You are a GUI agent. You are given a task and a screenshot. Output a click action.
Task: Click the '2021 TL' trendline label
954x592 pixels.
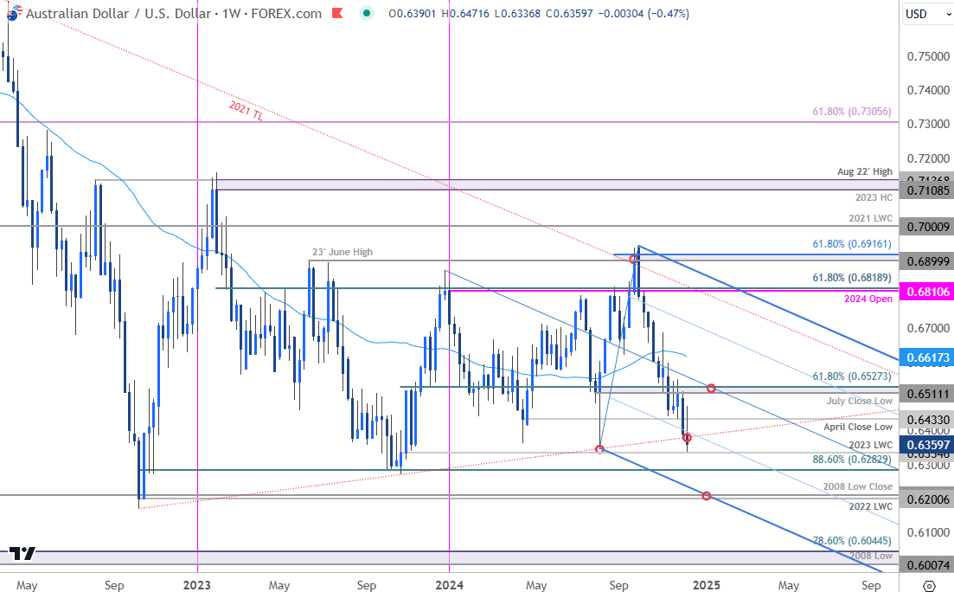point(247,112)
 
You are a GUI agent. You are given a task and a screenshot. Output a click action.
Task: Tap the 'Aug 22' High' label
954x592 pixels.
point(864,171)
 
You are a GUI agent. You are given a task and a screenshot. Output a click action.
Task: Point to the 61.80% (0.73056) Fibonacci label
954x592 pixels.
point(852,112)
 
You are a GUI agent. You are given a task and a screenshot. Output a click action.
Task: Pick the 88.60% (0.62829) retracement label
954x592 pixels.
point(850,460)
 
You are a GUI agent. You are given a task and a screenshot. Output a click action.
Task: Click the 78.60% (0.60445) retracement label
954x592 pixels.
point(852,540)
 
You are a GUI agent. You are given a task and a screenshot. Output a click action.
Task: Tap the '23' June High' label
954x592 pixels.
point(342,252)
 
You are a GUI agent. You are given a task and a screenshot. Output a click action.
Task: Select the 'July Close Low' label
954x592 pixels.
point(860,402)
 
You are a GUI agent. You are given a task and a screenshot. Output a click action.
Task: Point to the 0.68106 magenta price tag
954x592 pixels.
point(926,293)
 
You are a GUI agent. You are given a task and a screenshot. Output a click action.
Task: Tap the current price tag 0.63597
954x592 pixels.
point(926,445)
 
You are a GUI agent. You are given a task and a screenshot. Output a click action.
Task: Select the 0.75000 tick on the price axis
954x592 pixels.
point(926,56)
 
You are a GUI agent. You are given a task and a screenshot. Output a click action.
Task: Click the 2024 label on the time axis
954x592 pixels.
point(449,584)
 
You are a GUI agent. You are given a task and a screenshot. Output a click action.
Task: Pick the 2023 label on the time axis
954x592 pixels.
point(197,584)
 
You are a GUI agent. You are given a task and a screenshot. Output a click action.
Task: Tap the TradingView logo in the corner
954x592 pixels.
point(23,554)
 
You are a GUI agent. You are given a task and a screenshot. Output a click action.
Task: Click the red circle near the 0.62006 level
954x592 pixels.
point(707,496)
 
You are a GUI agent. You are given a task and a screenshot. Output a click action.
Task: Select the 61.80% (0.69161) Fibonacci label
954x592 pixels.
point(852,245)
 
